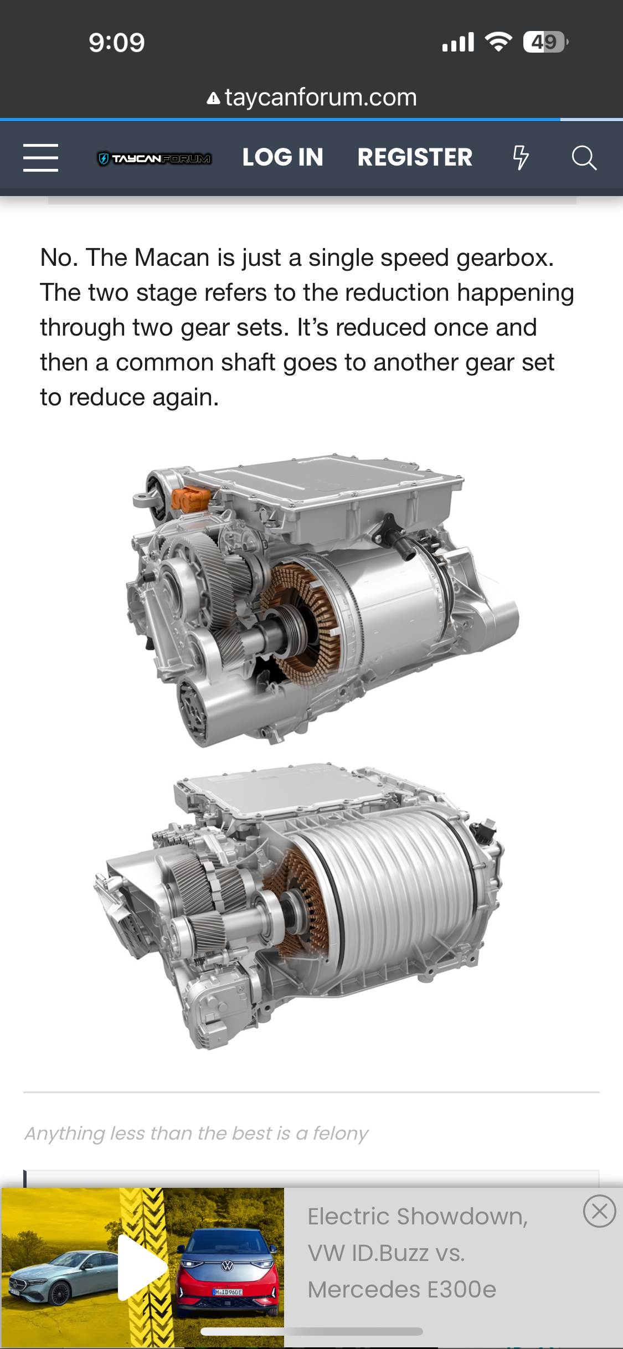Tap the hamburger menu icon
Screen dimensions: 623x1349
[x=40, y=158]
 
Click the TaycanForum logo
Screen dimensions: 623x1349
[x=155, y=159]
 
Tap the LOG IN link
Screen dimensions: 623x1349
[x=283, y=157]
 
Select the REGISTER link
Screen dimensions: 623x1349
[x=415, y=157]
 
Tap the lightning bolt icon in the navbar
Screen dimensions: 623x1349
[x=521, y=157]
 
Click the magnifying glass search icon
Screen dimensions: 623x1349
[x=584, y=158]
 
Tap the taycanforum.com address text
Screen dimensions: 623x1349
[x=321, y=97]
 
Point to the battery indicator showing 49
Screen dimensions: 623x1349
[x=545, y=42]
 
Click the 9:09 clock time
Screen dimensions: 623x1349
[x=117, y=43]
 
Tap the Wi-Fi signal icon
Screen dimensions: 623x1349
[x=498, y=42]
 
